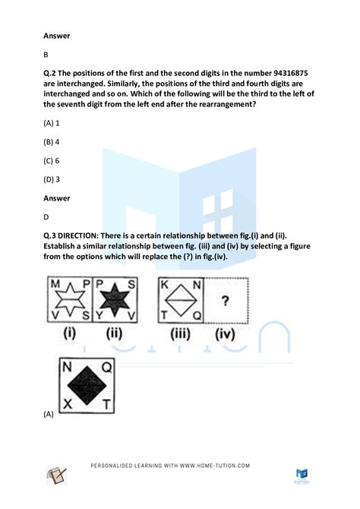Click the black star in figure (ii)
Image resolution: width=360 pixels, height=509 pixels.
(x=116, y=299)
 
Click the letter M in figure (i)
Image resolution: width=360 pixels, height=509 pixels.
(x=53, y=284)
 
